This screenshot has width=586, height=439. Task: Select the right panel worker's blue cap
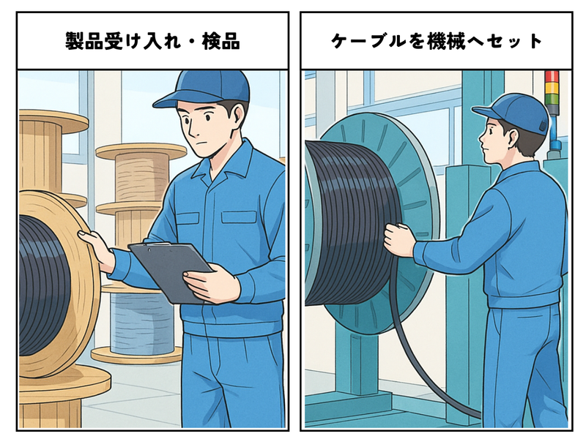[512, 113]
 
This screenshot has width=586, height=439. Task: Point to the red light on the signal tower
[552, 76]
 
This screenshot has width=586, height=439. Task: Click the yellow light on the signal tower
[552, 88]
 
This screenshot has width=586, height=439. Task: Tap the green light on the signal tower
[552, 100]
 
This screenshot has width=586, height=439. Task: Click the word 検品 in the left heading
[221, 41]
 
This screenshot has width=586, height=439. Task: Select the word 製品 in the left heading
[84, 41]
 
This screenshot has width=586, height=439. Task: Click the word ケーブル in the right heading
[368, 41]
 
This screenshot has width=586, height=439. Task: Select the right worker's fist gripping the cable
[399, 240]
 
